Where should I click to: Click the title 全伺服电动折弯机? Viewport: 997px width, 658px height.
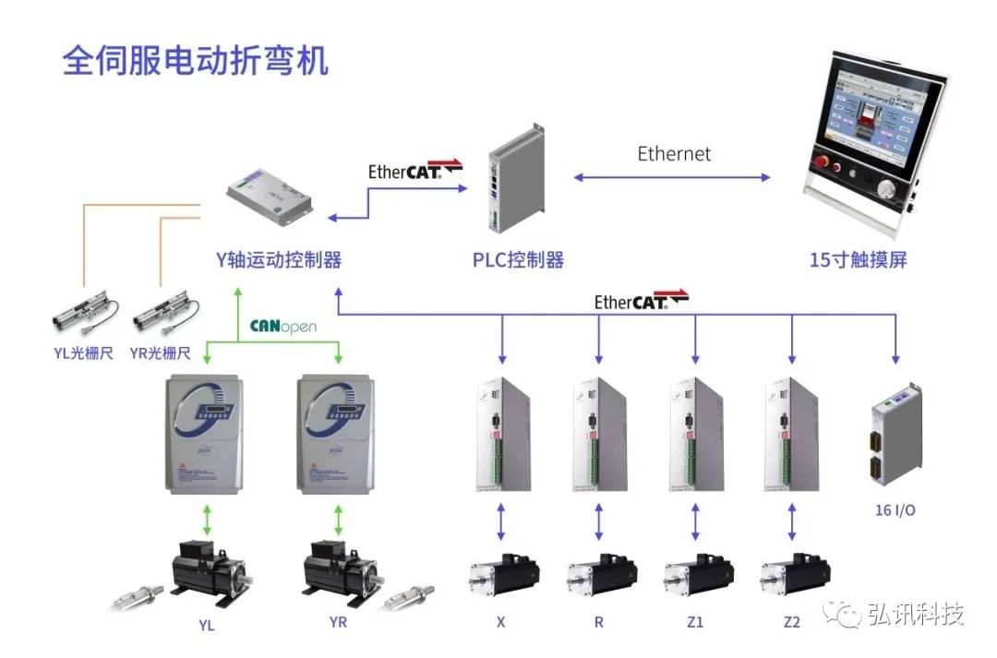(196, 61)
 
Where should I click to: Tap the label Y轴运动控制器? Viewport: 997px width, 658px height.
(279, 260)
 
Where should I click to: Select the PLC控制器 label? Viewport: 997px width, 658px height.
(518, 260)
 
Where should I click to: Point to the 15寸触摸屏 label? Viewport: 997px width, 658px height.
(859, 260)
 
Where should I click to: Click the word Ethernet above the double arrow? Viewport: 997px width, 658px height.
(674, 154)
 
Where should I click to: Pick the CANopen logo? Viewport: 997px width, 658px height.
(283, 327)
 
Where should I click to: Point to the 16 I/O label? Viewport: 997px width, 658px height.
(895, 510)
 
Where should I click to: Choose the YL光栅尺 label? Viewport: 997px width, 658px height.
(82, 353)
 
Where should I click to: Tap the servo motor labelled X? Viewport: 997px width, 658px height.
(503, 574)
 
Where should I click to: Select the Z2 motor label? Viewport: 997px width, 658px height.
(791, 623)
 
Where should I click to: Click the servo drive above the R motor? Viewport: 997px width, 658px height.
(598, 435)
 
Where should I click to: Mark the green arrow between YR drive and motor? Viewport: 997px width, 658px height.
(338, 519)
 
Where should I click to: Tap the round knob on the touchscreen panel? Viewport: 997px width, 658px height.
(886, 188)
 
